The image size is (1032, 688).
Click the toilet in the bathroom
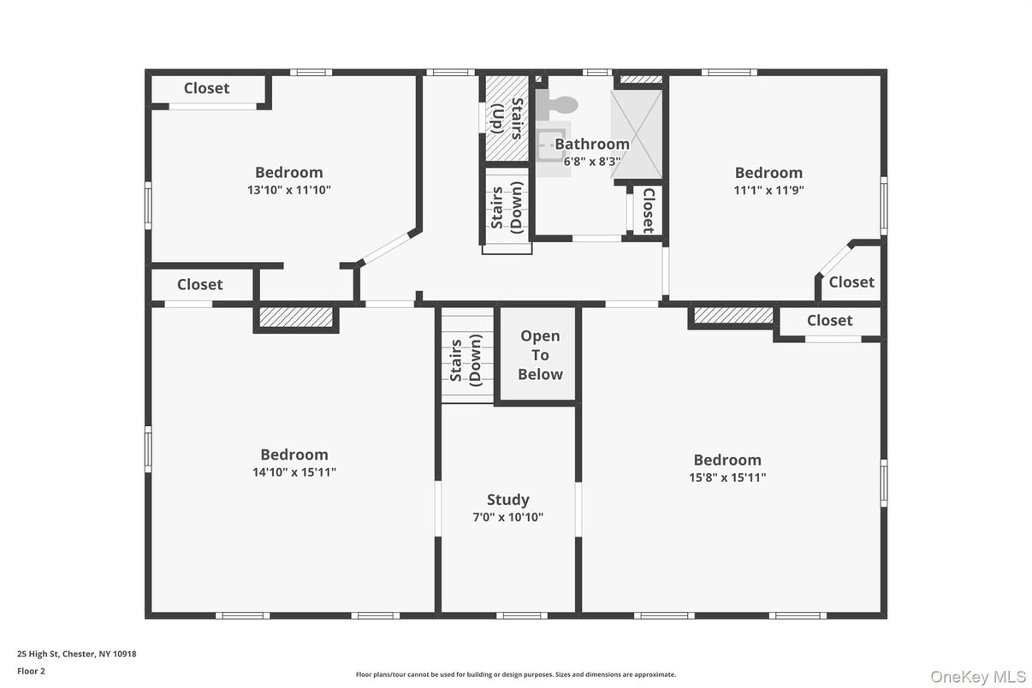(556, 104)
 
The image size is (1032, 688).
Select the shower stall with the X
(637, 134)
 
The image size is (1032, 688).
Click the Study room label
(508, 500)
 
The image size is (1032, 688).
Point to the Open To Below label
(541, 355)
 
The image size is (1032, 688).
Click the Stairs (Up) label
(507, 118)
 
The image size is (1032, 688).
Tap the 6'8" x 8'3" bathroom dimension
(592, 161)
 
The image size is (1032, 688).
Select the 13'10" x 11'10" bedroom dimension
(289, 190)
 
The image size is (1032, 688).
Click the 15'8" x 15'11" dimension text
(727, 477)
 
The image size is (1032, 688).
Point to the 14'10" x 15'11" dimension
(294, 472)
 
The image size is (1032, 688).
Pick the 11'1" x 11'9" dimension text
(769, 190)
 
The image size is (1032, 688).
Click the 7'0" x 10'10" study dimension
(508, 517)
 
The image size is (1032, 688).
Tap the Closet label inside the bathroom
(649, 211)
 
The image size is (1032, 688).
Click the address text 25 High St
(77, 654)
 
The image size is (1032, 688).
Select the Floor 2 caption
(32, 671)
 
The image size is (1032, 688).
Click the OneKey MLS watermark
(978, 677)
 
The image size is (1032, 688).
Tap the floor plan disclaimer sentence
(515, 674)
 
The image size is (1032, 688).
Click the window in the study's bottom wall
(522, 615)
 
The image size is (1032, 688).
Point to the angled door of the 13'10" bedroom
(385, 248)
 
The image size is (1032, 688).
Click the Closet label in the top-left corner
(206, 88)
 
